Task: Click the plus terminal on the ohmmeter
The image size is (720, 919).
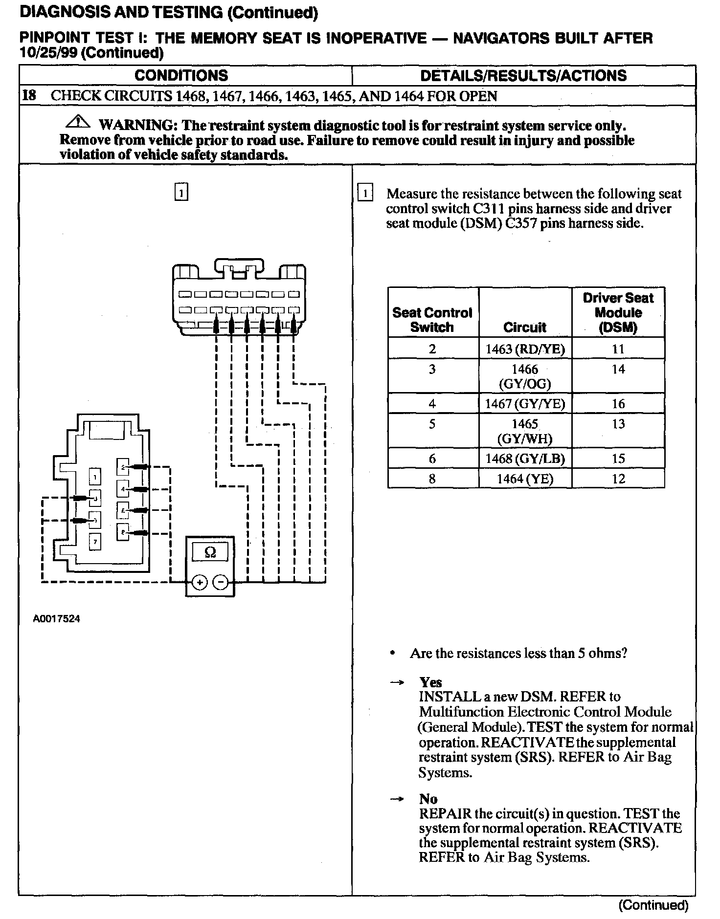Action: click(200, 582)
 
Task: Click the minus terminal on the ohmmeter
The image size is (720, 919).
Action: click(221, 582)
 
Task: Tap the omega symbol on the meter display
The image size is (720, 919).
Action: click(210, 552)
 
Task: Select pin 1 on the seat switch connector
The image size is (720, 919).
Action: click(95, 476)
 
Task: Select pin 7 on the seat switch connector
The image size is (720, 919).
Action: click(95, 541)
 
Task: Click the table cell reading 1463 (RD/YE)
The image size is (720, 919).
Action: click(525, 349)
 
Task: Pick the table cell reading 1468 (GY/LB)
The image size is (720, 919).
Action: click(525, 459)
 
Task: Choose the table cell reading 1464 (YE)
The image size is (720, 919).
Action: click(525, 479)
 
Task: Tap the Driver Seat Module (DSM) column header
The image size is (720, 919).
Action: click(618, 312)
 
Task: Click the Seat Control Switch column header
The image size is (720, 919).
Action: click(432, 320)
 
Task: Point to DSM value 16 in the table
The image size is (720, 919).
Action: click(618, 404)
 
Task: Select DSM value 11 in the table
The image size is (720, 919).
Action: click(618, 349)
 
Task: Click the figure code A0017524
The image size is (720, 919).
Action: click(57, 619)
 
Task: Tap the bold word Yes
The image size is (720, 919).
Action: click(430, 682)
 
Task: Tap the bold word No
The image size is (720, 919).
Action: click(428, 799)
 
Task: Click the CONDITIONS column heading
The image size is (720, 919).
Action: click(181, 75)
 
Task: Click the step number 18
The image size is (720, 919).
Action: click(29, 96)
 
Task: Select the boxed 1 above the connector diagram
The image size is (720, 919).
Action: click(181, 192)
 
